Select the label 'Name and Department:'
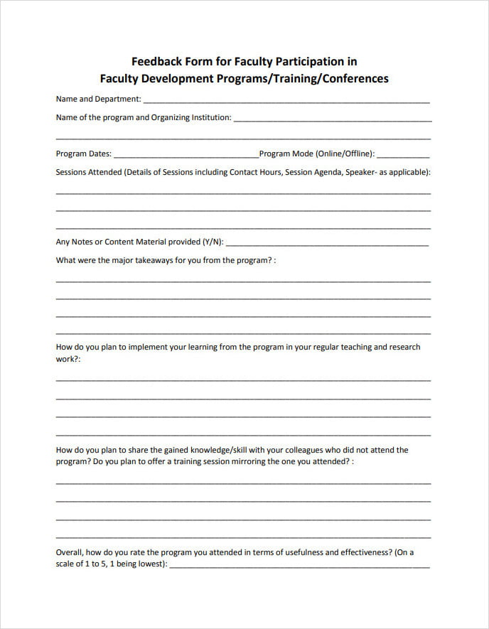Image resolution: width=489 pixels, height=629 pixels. coord(98,100)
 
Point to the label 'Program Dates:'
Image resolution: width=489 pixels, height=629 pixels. coord(83,154)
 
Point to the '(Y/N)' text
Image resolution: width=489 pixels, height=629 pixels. coord(213,242)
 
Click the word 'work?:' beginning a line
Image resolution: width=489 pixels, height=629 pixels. coord(68,360)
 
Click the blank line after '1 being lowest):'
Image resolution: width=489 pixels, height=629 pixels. coord(299,566)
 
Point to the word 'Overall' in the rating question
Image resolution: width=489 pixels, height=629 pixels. coord(69,552)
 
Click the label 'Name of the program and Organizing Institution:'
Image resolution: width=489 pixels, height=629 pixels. coord(144,118)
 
